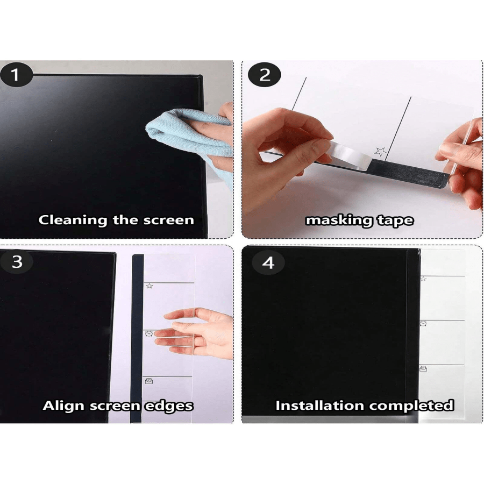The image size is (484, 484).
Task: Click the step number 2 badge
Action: (x=265, y=75)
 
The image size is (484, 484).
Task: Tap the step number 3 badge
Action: (x=17, y=262)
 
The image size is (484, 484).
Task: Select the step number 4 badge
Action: (x=267, y=262)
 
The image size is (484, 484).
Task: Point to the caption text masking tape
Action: (x=359, y=220)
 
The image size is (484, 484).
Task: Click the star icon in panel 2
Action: (x=380, y=151)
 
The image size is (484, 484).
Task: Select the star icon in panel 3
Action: (x=149, y=286)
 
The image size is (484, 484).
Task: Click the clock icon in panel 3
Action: (x=148, y=334)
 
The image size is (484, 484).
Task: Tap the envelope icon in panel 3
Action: (x=148, y=381)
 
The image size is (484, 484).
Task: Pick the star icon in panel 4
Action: (x=423, y=279)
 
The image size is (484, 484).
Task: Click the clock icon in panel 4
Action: (x=423, y=323)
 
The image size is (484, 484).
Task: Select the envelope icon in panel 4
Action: (x=423, y=368)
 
